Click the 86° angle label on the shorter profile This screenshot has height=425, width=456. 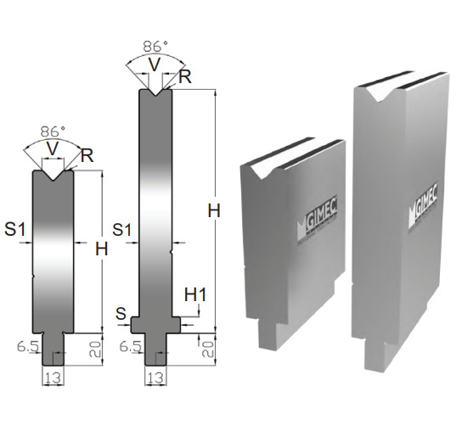53,131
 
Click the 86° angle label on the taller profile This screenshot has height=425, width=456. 155,47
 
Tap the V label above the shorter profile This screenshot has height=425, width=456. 53,148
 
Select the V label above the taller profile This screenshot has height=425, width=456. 155,64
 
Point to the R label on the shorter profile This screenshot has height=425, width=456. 87,155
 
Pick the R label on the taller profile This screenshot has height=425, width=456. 185,77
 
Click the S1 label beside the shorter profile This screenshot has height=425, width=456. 15,229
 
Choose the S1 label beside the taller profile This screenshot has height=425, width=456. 122,230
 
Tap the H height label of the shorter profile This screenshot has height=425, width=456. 102,249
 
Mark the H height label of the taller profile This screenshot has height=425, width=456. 214,210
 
